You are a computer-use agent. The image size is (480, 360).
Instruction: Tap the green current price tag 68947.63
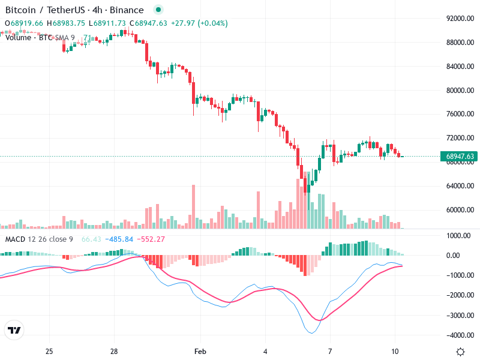[460, 157]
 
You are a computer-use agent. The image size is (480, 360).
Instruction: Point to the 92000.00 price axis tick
[460, 19]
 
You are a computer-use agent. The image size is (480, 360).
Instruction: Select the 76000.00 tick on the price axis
[460, 114]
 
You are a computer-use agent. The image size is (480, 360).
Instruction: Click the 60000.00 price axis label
[460, 210]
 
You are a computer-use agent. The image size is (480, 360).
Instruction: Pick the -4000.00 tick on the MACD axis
[460, 335]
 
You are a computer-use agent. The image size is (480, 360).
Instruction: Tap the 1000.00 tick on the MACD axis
[460, 235]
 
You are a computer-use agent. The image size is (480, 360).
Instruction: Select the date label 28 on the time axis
[114, 350]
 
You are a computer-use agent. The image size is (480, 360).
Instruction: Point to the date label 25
[49, 350]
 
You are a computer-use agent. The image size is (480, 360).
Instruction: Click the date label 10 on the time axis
[394, 350]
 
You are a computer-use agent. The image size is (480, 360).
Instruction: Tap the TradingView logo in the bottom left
[14, 330]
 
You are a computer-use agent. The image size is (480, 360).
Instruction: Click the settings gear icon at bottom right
[460, 351]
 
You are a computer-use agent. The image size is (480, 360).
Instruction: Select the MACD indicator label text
[38, 239]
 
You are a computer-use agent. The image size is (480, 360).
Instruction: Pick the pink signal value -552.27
[151, 239]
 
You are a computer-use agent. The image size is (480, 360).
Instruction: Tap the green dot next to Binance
[158, 10]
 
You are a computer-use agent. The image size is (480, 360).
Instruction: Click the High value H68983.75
[68, 23]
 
